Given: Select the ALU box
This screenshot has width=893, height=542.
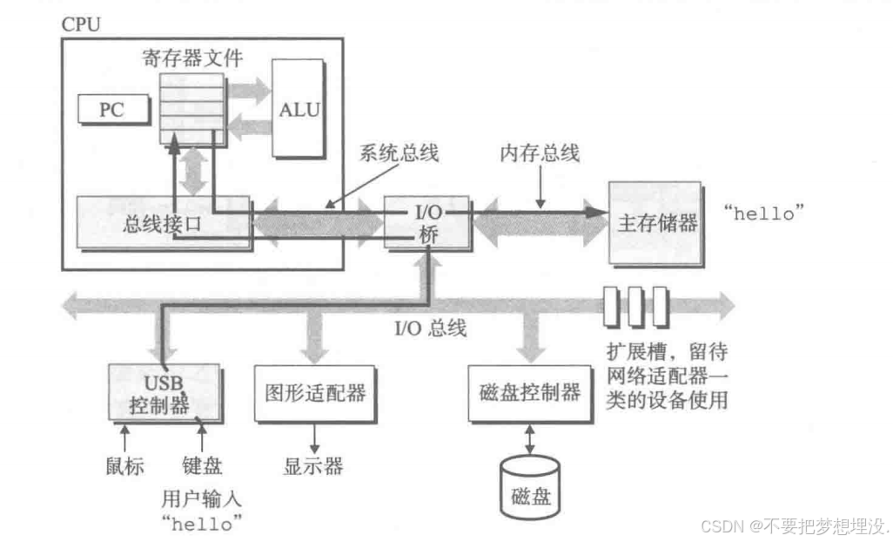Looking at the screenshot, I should pos(299,110).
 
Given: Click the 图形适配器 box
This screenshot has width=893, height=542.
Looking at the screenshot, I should pos(315,392).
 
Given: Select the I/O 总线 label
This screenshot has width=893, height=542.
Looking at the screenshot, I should pos(430,329).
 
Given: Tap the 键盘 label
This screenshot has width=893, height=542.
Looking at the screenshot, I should pos(202,464).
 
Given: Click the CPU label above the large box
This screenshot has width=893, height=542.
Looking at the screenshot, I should pos(80,24).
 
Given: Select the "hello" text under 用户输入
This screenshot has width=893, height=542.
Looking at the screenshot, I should pos(202,523).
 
